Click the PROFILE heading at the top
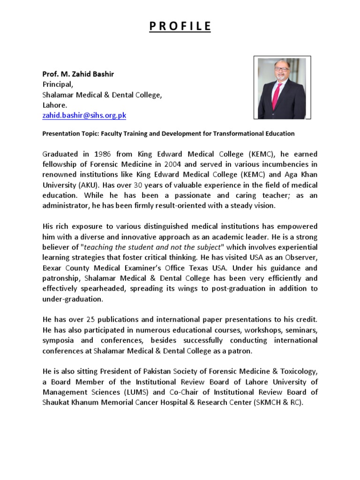(180, 26)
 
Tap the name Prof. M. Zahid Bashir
(78, 74)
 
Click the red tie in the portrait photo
(277, 96)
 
